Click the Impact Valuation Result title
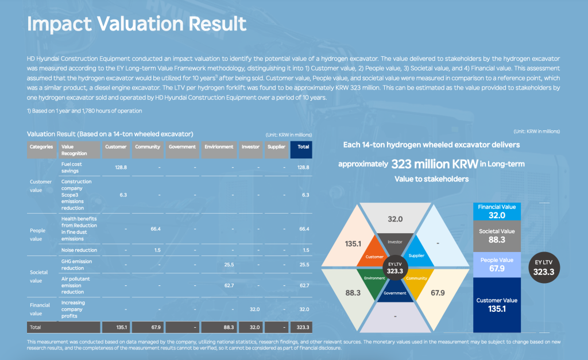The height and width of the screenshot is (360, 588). [137, 24]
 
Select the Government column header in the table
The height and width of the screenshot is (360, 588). [182, 147]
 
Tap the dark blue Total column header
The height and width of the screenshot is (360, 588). [303, 147]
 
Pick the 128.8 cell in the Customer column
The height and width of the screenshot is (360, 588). [115, 167]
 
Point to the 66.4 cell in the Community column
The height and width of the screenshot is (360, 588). [148, 229]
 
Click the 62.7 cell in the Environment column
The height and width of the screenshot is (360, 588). [218, 285]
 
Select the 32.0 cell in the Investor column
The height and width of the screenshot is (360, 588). [250, 308]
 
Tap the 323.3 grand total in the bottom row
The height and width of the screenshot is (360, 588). [303, 327]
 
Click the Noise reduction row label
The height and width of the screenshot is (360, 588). [79, 250]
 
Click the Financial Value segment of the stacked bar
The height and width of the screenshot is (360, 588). [497, 211]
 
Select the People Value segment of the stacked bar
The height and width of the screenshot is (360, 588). [497, 265]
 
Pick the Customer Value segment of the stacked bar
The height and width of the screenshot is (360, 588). [497, 304]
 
